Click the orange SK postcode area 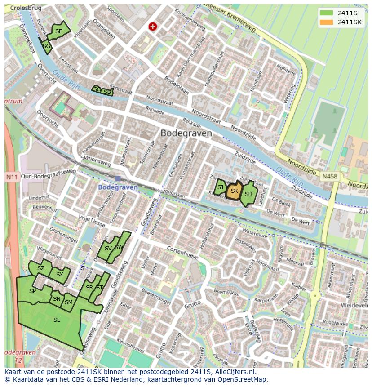234,191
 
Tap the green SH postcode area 248,194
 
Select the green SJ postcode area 220,187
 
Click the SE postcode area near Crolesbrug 59,31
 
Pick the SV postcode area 108,249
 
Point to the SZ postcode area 41,268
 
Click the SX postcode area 60,274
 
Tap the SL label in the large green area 57,320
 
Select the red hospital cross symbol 153,27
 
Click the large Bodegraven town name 186,133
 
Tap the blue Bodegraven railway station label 118,187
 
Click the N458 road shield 330,177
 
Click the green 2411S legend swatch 327,13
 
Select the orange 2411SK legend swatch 327,22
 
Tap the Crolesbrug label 25,8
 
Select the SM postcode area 68,302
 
